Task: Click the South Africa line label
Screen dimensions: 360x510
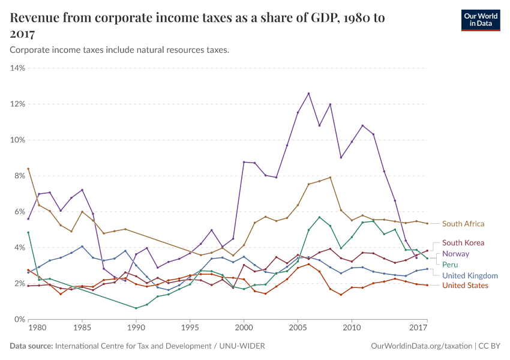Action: point(463,224)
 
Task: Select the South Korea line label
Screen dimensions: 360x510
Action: point(463,243)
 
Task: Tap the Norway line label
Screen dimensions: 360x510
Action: point(455,254)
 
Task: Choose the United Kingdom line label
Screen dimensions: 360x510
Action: point(470,275)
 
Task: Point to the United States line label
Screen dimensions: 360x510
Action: point(465,286)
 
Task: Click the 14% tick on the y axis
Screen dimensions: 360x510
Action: point(17,68)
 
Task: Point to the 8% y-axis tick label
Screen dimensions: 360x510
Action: point(18,176)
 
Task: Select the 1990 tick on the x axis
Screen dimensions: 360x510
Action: point(136,329)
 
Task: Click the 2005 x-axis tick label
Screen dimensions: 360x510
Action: point(298,329)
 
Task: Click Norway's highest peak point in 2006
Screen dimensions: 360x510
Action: point(308,94)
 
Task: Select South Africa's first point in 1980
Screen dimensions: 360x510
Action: point(28,169)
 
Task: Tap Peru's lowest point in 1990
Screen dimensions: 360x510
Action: point(136,308)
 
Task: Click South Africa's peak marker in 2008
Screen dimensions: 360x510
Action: point(330,177)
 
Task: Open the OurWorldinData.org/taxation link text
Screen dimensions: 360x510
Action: point(421,346)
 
